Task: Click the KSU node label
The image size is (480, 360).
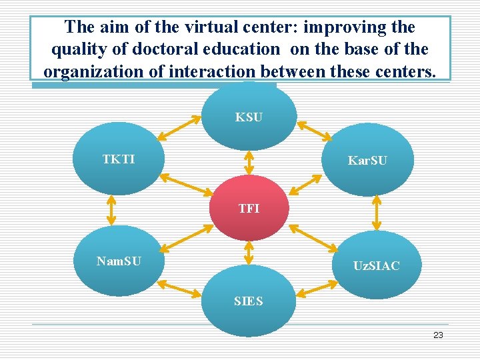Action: click(x=249, y=117)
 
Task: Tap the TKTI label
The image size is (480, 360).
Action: click(x=118, y=159)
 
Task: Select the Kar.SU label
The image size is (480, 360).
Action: click(x=367, y=161)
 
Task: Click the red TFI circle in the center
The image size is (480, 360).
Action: click(x=249, y=207)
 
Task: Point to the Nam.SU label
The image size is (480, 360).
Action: click(x=118, y=261)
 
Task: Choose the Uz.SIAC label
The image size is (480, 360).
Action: click(x=377, y=266)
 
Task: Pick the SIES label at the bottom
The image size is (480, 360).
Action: click(x=249, y=301)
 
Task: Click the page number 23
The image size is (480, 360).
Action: click(x=438, y=335)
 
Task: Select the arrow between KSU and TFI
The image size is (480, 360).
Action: click(x=249, y=161)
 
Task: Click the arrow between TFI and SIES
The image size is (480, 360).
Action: click(x=249, y=252)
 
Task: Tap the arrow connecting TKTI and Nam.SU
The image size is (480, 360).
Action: click(x=111, y=209)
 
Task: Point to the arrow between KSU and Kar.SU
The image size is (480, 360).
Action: click(x=314, y=131)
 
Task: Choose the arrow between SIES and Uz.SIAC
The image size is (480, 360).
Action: click(x=318, y=289)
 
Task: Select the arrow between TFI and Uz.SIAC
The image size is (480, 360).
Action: click(x=313, y=237)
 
